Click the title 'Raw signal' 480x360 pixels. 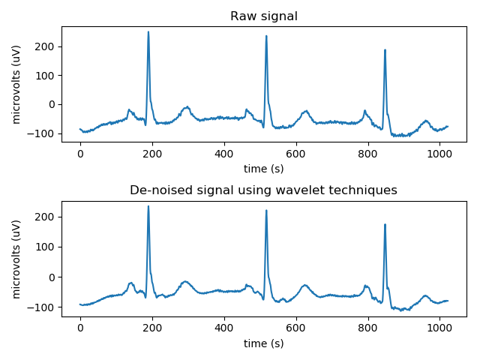[263, 16]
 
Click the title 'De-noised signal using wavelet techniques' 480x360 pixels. [263, 190]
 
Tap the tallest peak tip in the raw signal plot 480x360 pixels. [148, 32]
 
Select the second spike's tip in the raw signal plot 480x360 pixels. [266, 36]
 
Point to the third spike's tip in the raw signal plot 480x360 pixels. [385, 50]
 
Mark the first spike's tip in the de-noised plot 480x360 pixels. [148, 206]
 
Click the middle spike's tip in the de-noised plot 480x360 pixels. [266, 210]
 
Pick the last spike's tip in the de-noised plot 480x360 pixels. [385, 224]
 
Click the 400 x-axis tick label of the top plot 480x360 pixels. [224, 153]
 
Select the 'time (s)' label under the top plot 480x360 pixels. [263, 167]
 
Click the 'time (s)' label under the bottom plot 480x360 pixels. [263, 343]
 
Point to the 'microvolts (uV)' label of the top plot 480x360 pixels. [17, 85]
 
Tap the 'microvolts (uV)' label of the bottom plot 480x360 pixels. [17, 259]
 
